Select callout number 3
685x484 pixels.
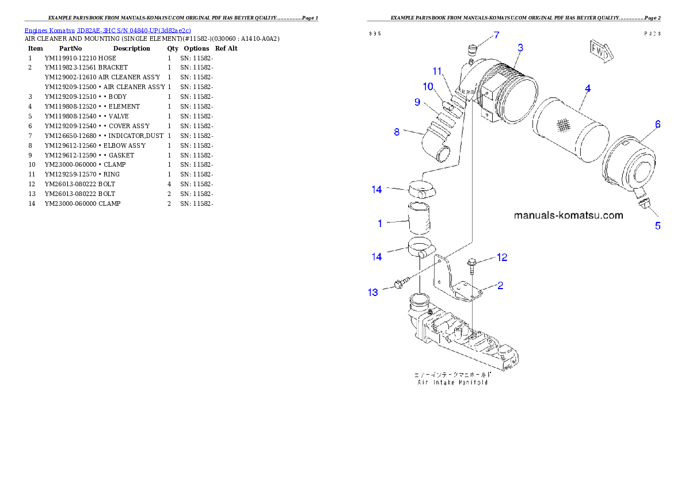(x=520, y=48)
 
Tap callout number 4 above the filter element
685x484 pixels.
(x=587, y=89)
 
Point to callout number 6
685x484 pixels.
(x=657, y=124)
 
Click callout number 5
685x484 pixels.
(x=657, y=226)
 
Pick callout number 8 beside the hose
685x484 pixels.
(x=397, y=132)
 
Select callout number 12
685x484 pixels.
(x=502, y=257)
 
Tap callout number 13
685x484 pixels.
(x=373, y=293)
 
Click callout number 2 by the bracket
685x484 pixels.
(x=500, y=285)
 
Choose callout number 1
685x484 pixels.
(x=380, y=223)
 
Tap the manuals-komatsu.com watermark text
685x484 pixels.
(x=568, y=216)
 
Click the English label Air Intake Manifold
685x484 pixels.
(x=452, y=382)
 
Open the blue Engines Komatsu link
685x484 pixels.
(x=108, y=29)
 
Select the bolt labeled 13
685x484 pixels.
(x=401, y=283)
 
